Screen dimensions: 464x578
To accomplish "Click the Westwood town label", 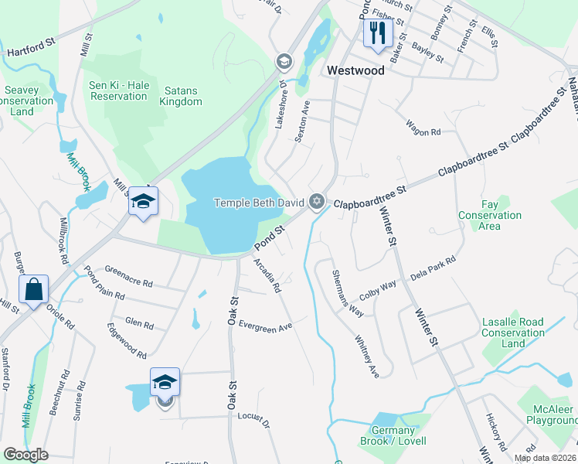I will point(355,70).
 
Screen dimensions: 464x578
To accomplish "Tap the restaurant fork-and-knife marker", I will point(377,32).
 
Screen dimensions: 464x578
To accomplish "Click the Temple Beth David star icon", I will point(315,203).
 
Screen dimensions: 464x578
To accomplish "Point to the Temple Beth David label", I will point(258,203).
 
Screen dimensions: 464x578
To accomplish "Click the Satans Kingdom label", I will point(180,96).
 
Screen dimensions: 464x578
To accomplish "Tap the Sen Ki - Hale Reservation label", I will point(118,90).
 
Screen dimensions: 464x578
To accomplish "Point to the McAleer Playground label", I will point(549,415).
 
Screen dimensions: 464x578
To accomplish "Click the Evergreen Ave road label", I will point(265,326).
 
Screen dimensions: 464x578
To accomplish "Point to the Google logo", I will point(25,455).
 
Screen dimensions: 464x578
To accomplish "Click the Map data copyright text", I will point(545,458).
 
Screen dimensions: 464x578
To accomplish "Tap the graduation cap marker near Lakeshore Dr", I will point(284,62).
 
